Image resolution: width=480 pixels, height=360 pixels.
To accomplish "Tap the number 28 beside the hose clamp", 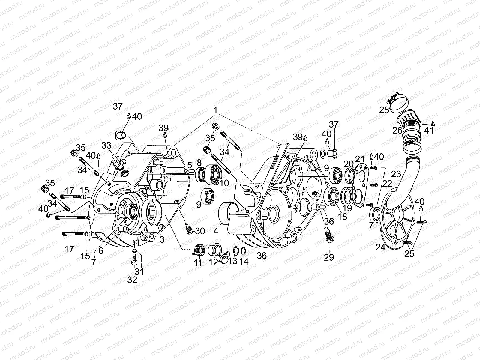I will (x=384, y=110).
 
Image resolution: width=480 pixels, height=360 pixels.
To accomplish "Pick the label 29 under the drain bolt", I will (x=329, y=257).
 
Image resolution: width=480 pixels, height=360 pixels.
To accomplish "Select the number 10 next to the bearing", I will (x=223, y=183).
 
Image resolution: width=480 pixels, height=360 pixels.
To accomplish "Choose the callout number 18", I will (x=342, y=217).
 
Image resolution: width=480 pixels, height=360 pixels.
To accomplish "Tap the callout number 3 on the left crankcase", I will (x=162, y=239).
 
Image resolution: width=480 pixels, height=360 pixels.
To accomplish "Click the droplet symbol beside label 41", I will (x=433, y=123).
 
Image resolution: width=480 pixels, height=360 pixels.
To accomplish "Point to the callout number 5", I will (x=190, y=165).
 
